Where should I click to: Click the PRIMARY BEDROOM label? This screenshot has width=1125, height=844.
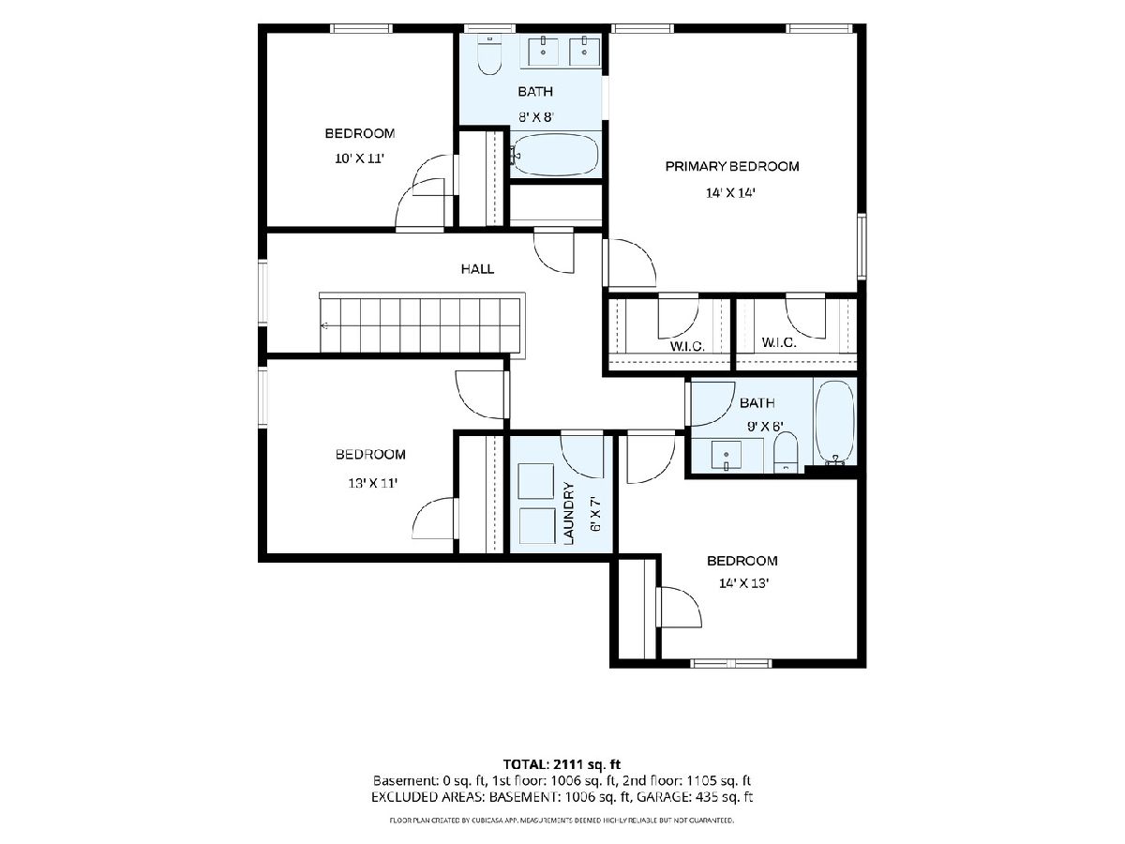[731, 166]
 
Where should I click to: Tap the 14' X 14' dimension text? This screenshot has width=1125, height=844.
[730, 193]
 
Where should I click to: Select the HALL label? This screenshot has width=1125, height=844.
[477, 269]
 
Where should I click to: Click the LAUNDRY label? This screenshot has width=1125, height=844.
[569, 513]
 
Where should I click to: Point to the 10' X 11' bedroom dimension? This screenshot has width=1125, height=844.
[359, 158]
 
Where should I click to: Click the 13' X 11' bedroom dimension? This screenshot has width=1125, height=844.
[372, 483]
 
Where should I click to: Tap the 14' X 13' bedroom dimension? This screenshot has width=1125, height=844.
[744, 583]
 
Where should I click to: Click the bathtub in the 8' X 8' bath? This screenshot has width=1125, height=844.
[555, 154]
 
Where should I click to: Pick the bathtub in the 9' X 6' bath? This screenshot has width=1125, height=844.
[835, 422]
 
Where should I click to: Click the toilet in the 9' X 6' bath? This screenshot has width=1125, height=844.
[786, 451]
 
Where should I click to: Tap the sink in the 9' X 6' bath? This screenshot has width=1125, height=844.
[726, 456]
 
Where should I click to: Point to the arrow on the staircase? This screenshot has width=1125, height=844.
[324, 325]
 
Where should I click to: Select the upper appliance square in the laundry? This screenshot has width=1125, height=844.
[535, 481]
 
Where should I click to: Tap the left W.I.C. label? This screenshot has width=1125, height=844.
[687, 346]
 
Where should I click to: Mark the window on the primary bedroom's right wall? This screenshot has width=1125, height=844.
[862, 247]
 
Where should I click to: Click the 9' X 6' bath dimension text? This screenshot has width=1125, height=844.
[765, 427]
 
